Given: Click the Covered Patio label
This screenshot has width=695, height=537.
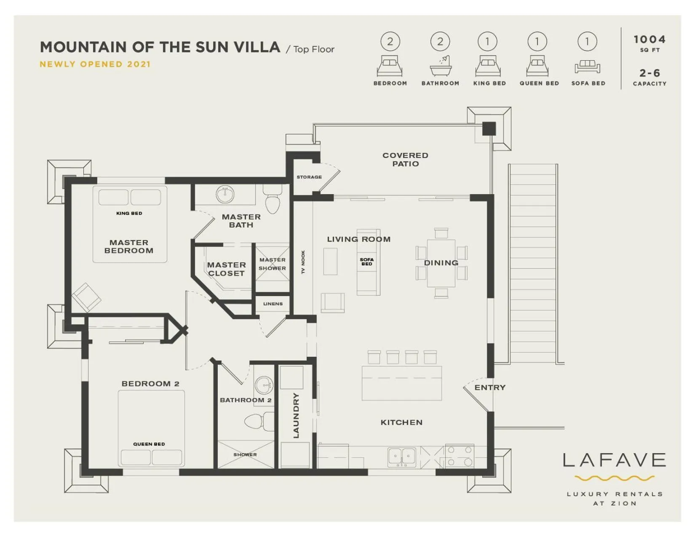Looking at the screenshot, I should tap(405, 160).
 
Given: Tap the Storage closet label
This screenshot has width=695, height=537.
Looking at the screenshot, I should tap(309, 177).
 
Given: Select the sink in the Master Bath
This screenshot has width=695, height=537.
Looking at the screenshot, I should tap(225, 194).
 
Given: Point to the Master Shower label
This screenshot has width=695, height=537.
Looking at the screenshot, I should tap(272, 264).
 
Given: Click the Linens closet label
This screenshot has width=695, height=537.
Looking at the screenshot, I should tap(273, 304).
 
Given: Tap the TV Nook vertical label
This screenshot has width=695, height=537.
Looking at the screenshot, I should tap(303, 262).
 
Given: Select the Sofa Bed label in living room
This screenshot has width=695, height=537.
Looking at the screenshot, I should tap(366, 262).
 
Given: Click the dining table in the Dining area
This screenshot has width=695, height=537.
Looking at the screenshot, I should tap(441, 263).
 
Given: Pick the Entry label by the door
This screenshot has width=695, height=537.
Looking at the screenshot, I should tap(489, 387).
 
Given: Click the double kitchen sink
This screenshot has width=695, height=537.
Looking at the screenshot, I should tap(401, 456).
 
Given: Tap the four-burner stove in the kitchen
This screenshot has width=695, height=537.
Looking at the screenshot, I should tap(460, 456).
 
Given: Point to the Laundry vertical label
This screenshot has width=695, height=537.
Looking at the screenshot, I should tap(296, 415).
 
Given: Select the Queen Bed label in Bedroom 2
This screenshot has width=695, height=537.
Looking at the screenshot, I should tap(149, 444).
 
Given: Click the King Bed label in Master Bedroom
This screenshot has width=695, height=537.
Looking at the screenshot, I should tap(129, 213).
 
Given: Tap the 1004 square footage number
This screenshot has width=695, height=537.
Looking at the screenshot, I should tap(649, 39).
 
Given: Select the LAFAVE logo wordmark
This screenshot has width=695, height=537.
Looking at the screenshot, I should tap(614, 460).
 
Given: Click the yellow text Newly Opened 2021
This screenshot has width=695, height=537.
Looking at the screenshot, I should tap(95, 64).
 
